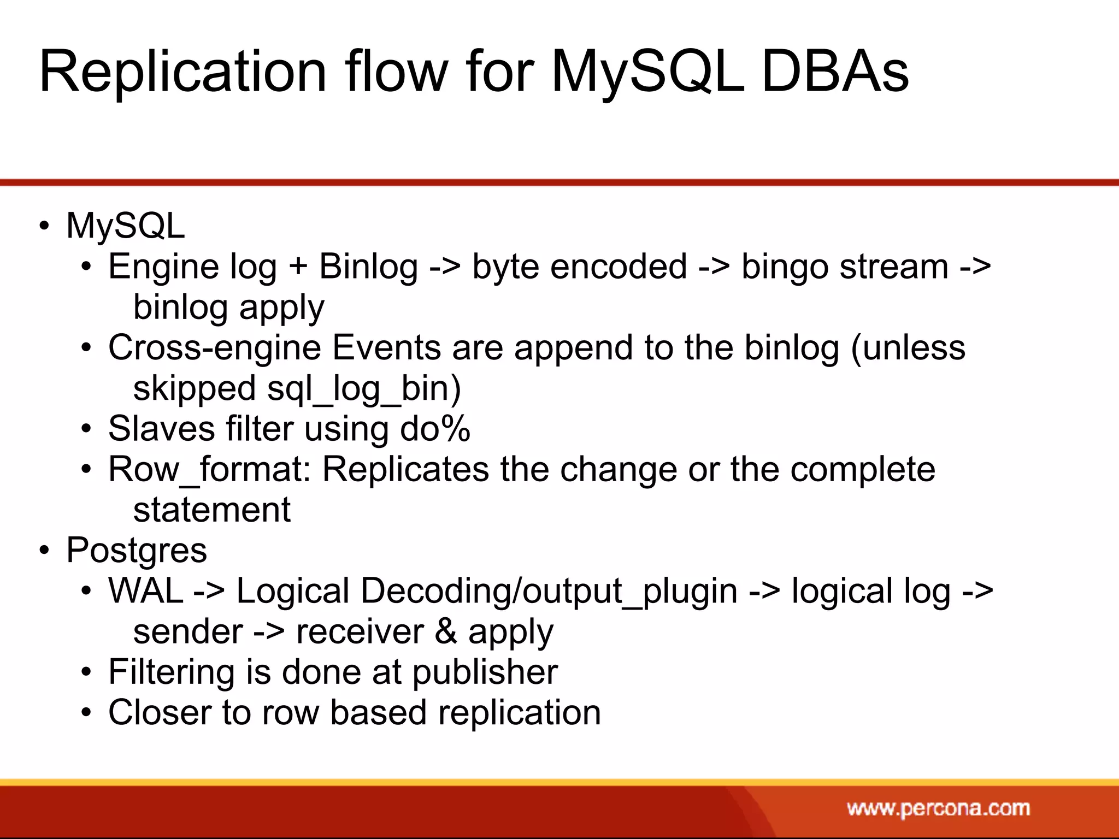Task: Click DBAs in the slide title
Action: [x=834, y=73]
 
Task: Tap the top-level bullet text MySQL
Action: [x=125, y=226]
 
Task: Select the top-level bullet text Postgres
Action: [x=137, y=550]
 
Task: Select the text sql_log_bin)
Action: [x=364, y=389]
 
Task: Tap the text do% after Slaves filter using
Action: [x=435, y=429]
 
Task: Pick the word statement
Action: [x=211, y=510]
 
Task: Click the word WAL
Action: [x=145, y=591]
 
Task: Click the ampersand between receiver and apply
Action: [x=446, y=631]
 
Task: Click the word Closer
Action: [x=159, y=713]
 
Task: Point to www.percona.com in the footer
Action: [x=938, y=808]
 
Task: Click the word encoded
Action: [x=618, y=267]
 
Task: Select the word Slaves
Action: [x=161, y=429]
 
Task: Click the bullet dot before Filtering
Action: [x=86, y=673]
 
